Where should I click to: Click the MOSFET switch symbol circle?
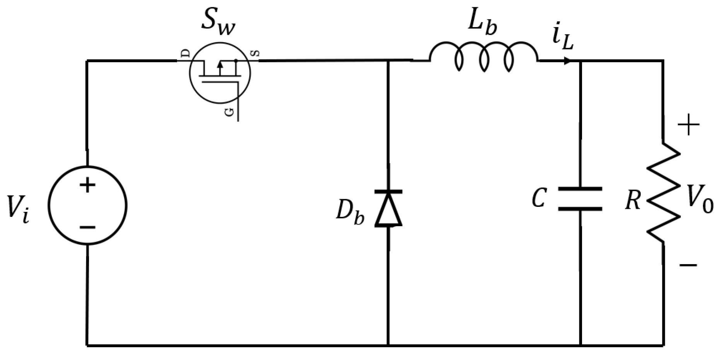pyautogui.click(x=220, y=74)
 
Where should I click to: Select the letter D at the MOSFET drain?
pyautogui.click(x=186, y=54)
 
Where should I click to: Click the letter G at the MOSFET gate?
pyautogui.click(x=229, y=113)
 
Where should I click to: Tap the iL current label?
pyautogui.click(x=562, y=39)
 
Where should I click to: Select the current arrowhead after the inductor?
pyautogui.click(x=567, y=61)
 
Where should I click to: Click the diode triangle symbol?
pyautogui.click(x=388, y=208)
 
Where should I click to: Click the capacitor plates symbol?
pyautogui.click(x=580, y=199)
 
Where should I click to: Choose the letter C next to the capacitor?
pyautogui.click(x=539, y=199)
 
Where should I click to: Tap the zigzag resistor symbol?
pyautogui.click(x=664, y=193)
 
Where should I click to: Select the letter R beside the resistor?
pyautogui.click(x=633, y=201)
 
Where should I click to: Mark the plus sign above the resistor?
pyautogui.click(x=688, y=125)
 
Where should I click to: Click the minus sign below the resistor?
pyautogui.click(x=688, y=265)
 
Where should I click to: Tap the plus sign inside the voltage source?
pyautogui.click(x=87, y=185)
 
